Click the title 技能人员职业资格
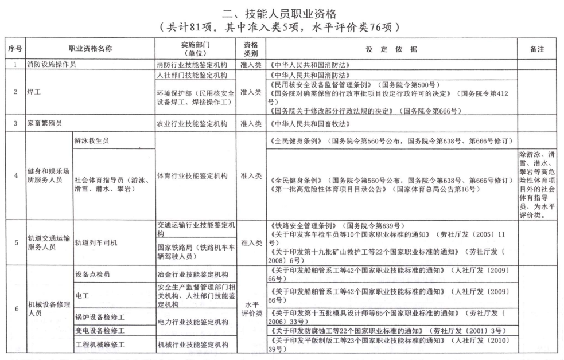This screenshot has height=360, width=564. pos(282,13)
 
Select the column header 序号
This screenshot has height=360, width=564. pos(14,49)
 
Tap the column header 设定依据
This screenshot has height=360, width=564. pos(391,49)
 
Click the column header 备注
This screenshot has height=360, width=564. pos(538,49)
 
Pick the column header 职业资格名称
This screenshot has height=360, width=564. pos(90,49)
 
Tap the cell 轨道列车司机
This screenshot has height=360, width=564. pos(96,242)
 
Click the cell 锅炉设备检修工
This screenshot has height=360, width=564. pos(99,316)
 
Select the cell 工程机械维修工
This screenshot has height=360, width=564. pos(99,345)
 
